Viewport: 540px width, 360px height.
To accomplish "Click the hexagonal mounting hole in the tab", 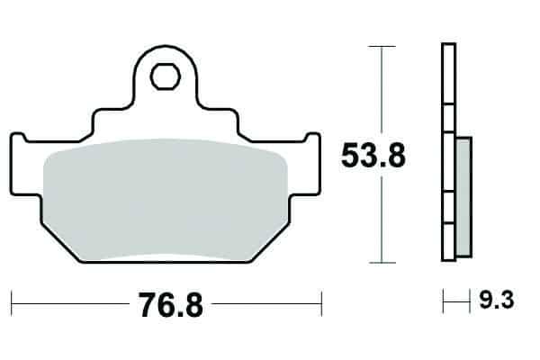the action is (166, 76).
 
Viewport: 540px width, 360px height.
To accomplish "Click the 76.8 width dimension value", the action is (171, 305).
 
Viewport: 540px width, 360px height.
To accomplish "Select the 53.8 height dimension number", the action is (373, 156).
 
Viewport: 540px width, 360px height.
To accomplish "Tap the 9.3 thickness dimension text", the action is (497, 300).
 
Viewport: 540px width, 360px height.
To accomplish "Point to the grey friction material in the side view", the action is (463, 197).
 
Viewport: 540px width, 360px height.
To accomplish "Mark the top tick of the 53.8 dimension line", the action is (382, 46).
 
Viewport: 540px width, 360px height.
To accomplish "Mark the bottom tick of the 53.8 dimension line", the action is (382, 263).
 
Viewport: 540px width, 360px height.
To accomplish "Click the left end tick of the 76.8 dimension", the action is (12, 303).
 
